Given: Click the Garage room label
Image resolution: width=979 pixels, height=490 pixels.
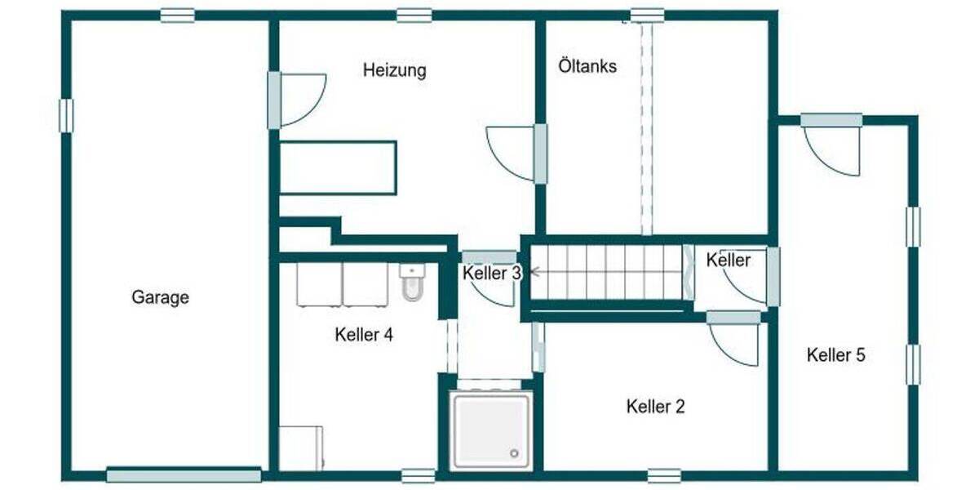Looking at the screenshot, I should tap(160, 297).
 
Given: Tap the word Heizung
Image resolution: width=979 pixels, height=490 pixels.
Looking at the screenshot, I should tap(394, 70).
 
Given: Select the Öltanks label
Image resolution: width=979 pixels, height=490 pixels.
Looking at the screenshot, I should tap(587, 66).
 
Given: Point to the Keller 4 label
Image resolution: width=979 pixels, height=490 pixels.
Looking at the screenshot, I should tap(364, 335).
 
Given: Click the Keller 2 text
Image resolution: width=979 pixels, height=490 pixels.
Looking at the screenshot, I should tap(655, 406).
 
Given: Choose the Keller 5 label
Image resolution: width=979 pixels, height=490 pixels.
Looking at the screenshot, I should tap(835, 355).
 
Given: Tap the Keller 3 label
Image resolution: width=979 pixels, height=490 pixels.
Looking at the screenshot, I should tap(491, 274).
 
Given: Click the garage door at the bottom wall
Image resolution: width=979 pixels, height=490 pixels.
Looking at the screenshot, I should tap(184, 475).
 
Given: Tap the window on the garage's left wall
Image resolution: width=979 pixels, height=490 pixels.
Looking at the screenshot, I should tap(66, 115).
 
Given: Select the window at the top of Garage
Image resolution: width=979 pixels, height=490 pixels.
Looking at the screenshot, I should tap(177, 15).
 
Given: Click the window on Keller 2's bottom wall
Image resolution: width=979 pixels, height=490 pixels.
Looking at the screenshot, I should tap(664, 474).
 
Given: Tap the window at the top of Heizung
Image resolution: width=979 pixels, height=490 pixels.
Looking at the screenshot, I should tap(414, 15).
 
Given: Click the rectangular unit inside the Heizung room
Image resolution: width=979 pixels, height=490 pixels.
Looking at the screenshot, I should tap(339, 167).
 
